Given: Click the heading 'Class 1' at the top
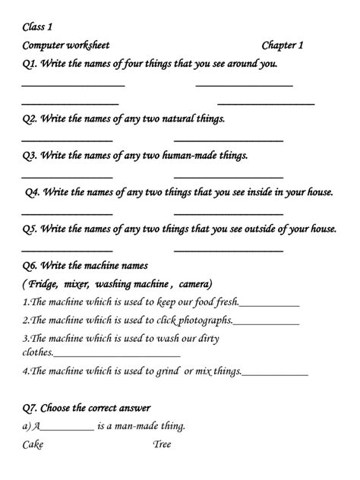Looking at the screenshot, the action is pyautogui.click(x=37, y=28).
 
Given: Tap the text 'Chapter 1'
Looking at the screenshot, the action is pyautogui.click(x=283, y=46).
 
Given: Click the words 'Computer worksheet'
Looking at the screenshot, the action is pyautogui.click(x=66, y=46).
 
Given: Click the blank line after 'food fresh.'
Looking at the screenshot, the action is pyautogui.click(x=269, y=304).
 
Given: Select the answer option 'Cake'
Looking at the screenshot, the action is pyautogui.click(x=34, y=444).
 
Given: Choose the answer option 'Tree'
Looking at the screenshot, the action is pyautogui.click(x=163, y=444).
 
